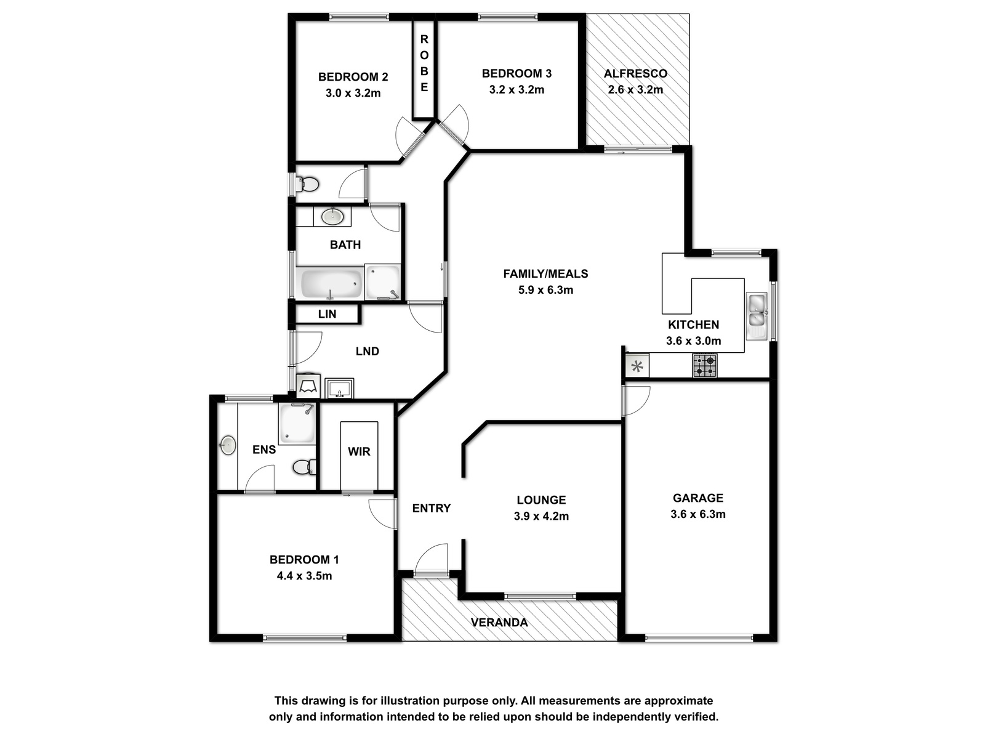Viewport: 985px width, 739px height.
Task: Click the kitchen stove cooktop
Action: coord(704,365)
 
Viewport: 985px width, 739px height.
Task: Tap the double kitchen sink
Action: coord(757,317)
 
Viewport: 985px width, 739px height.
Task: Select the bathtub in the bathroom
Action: coord(332,283)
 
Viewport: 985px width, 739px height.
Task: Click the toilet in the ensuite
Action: coord(304,467)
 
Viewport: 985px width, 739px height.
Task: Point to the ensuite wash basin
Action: coord(228,445)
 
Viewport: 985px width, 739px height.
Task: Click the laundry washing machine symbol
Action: coord(308,385)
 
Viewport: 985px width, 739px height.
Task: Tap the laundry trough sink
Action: coord(339,388)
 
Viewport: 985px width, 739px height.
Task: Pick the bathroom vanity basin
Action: coord(332,217)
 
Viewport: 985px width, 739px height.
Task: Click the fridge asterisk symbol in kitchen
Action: coord(637,366)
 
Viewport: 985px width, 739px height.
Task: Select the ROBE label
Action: coord(424,63)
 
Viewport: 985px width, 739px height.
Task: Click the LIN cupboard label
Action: coord(327,314)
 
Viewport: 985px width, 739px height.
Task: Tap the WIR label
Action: coord(359,451)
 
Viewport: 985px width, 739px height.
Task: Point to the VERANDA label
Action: coord(499,623)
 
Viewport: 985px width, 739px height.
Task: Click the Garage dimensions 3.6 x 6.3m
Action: coord(698,514)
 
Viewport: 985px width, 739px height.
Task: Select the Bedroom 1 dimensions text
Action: coord(304,576)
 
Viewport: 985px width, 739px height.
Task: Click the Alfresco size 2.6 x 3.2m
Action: coord(635,90)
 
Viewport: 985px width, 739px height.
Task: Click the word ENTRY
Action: coord(432,508)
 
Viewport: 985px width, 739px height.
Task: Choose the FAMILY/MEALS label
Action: coord(545,273)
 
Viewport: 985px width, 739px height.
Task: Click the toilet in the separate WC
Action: coord(308,184)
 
